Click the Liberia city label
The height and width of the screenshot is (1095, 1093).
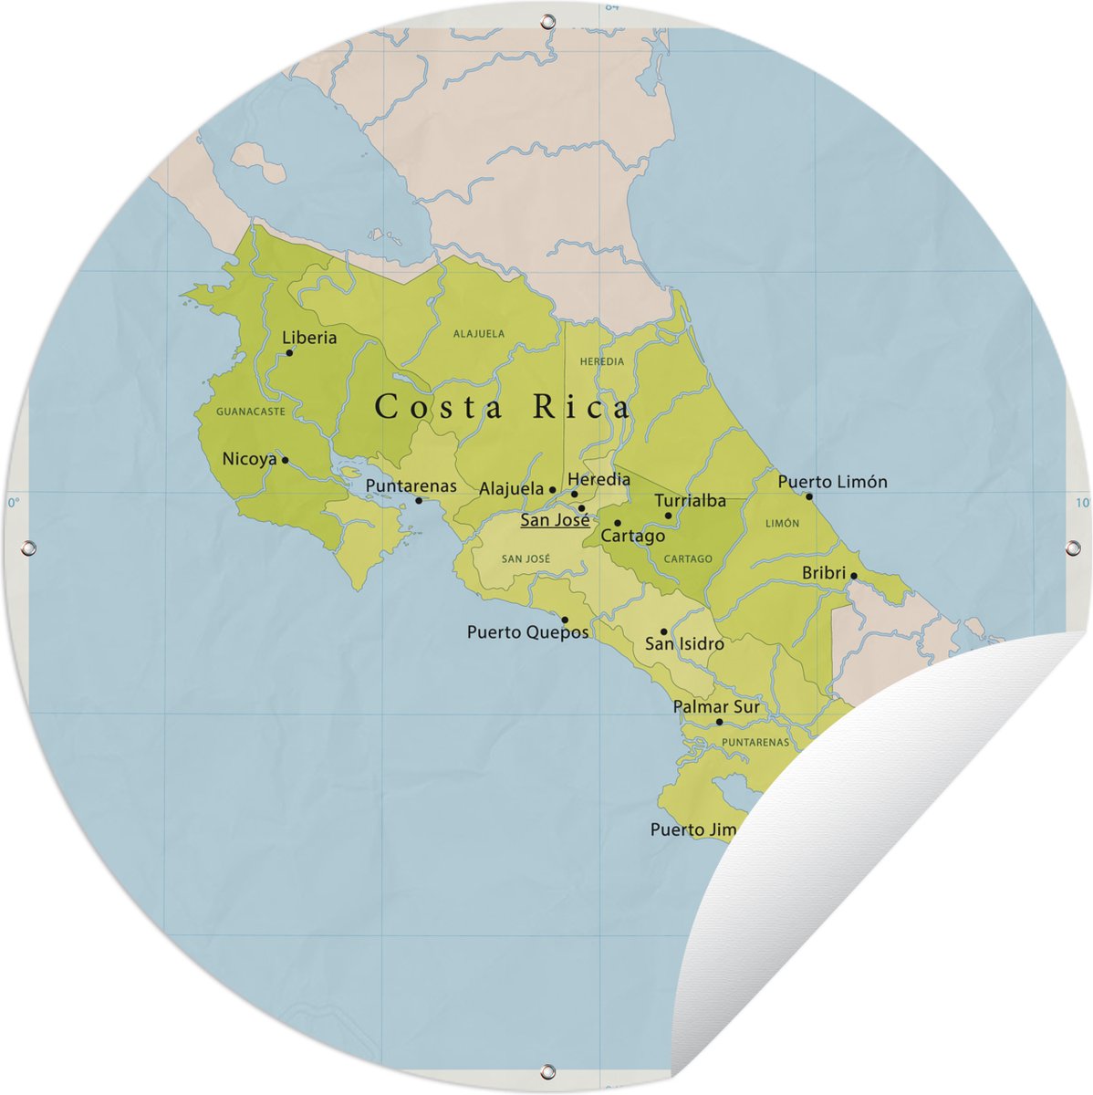coord(309,338)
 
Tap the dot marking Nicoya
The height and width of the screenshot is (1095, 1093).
coord(285,460)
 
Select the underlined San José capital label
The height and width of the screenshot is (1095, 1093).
coord(555,520)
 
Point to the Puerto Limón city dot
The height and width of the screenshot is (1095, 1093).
coord(808,496)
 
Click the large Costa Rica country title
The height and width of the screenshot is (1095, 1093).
coord(503,407)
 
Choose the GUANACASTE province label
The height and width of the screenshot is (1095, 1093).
coord(251,412)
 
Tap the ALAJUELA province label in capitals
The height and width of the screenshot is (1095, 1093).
coord(479,334)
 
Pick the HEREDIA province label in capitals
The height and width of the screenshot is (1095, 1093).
coord(602,362)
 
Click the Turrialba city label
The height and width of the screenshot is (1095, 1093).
coord(691,500)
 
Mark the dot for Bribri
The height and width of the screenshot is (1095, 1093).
coord(854,576)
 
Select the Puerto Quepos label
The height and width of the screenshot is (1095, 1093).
coord(527,631)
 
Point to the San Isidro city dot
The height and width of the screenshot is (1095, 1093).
coord(663,631)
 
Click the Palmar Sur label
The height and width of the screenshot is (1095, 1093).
coord(716,706)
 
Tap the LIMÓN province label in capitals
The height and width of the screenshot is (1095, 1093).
coord(783,524)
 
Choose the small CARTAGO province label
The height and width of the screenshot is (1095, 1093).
coord(688,559)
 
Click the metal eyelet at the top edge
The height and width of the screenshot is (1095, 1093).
coord(547,20)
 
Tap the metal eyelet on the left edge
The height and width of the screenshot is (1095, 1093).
coord(27,547)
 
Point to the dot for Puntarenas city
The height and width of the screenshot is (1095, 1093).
coord(419,500)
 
